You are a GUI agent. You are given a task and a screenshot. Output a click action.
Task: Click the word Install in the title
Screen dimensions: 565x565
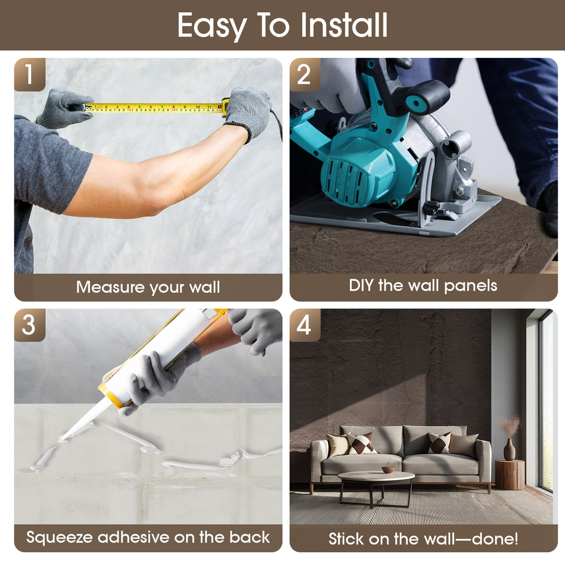coord(344,25)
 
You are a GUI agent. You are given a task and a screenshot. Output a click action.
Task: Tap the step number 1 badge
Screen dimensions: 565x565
coord(30,74)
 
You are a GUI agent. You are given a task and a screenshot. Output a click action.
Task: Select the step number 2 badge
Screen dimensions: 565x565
coord(305,74)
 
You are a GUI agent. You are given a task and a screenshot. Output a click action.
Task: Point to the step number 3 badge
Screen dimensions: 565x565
coord(30,325)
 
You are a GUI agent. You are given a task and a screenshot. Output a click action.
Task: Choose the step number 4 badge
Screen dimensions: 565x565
coord(305,325)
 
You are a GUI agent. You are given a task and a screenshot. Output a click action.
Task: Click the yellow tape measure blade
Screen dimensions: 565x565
coord(154,108)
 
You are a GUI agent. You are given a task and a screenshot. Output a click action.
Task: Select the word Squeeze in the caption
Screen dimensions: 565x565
coord(60,537)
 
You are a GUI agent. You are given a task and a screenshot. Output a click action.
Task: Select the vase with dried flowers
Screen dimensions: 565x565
coord(509,438)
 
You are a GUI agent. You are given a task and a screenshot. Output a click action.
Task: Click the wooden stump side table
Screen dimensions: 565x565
coord(509,475)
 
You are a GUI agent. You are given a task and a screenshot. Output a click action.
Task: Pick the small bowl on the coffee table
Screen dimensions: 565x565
coord(388,469)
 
